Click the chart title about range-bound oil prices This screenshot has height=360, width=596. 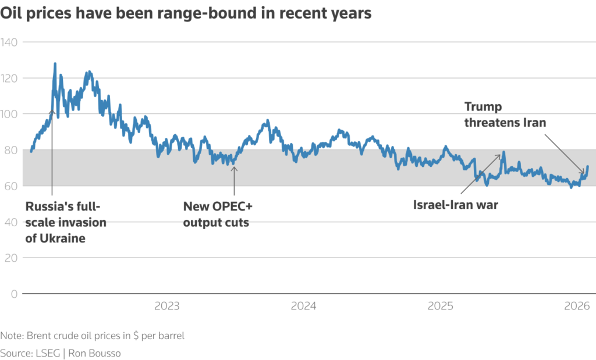(186, 13)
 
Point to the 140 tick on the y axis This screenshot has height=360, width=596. (10, 42)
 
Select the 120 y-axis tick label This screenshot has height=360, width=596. (10, 78)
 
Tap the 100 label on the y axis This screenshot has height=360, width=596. (10, 114)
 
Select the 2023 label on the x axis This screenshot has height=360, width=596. (166, 305)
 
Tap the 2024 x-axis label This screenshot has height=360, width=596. (303, 305)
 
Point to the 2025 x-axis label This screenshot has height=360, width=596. (440, 305)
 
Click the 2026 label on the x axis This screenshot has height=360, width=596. (577, 305)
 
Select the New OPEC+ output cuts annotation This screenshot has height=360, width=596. (218, 214)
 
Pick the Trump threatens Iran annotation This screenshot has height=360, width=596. (505, 115)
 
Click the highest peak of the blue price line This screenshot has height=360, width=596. (55, 63)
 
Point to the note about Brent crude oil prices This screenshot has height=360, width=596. (93, 336)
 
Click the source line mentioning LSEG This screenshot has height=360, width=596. (61, 353)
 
